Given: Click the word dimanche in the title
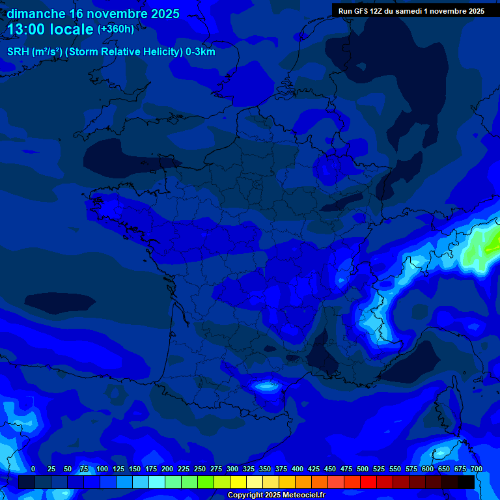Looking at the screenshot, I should click(35, 14).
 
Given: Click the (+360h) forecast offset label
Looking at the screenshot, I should click(116, 29).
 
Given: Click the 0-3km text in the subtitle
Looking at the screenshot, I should click(200, 52).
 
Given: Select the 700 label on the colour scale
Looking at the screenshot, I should click(476, 469).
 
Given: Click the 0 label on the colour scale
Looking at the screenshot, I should click(33, 469).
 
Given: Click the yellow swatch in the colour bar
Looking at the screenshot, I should click(238, 482).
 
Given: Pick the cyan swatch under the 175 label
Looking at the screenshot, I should click(157, 482).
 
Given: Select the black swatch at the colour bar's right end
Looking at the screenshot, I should click(466, 482).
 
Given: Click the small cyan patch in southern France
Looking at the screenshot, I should click(266, 385).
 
